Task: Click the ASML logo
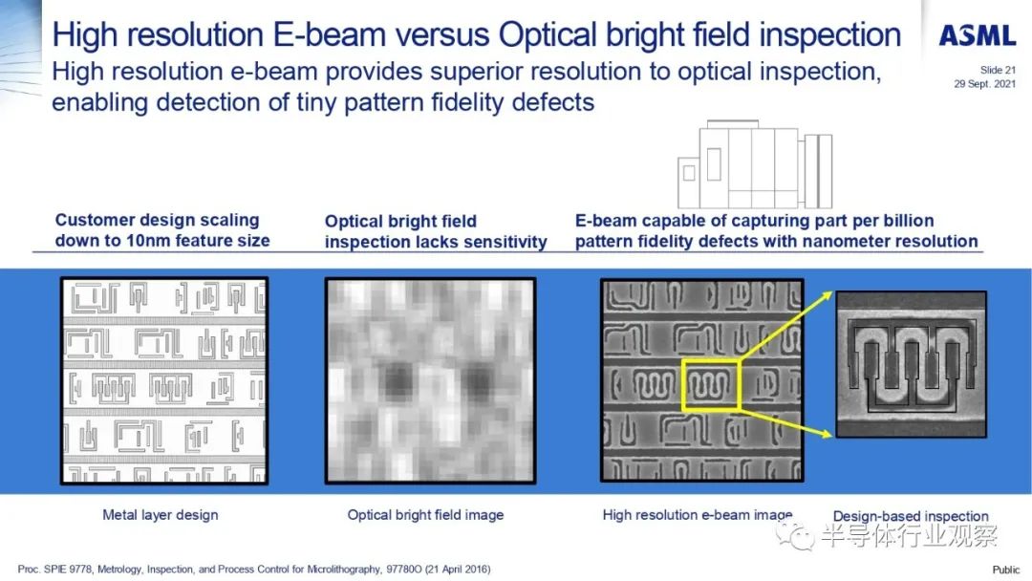[978, 35]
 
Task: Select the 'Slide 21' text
[998, 70]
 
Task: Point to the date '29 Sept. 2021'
[984, 83]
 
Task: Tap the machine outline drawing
[755, 164]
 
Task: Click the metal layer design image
[164, 381]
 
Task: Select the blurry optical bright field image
[430, 381]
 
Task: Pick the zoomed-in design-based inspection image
[911, 364]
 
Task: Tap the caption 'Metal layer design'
[160, 515]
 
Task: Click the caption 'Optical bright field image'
[425, 515]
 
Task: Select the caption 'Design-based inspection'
[911, 517]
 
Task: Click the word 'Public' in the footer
[1005, 570]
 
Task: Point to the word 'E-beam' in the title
[329, 34]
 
